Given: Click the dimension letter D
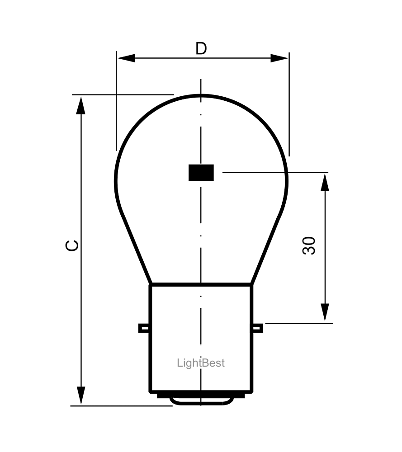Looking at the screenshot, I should coord(201,48).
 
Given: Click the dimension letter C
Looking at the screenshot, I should coord(72,245).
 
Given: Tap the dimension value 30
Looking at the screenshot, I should coord(309,246).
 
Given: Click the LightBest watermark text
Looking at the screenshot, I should coord(200,363).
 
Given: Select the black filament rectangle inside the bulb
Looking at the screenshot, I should coord(201,173).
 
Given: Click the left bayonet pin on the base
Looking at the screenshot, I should coord(144,328).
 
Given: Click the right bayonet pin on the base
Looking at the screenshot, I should coord(258,328).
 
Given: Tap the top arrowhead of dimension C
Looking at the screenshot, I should coord(81,105).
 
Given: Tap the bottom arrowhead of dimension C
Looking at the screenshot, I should coord(81,395).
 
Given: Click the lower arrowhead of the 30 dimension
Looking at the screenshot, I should coord(325,313).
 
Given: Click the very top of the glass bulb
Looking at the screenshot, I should coord(201,95).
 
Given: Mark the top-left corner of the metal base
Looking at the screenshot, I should coord(151,285).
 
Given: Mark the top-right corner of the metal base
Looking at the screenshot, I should coord(252,285).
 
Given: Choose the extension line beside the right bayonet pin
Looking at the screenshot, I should coord(298,323).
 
